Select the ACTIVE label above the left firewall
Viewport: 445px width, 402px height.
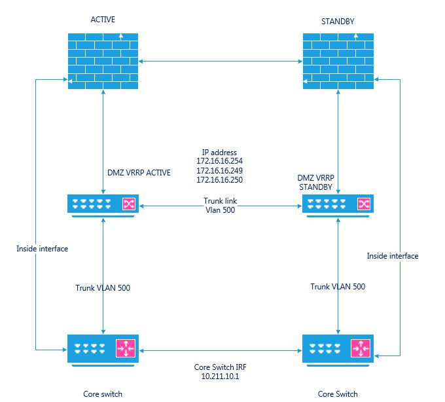103,20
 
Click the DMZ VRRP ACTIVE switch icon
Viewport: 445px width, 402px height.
103,204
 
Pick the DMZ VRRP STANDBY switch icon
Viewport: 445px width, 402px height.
338,204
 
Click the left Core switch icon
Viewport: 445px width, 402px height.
103,348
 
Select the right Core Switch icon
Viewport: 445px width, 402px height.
338,348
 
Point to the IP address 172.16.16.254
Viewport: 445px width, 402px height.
221,160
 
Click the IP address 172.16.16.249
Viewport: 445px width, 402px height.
221,170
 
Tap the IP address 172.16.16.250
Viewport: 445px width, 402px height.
221,179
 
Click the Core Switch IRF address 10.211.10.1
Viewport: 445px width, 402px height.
221,377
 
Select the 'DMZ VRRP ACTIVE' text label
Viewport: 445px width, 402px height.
139,173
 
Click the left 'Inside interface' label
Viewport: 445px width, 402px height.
43,249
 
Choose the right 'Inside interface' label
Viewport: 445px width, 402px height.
393,256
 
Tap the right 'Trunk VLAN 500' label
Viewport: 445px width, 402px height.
338,287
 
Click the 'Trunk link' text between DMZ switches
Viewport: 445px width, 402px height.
221,200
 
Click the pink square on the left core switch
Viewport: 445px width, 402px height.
125,348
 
